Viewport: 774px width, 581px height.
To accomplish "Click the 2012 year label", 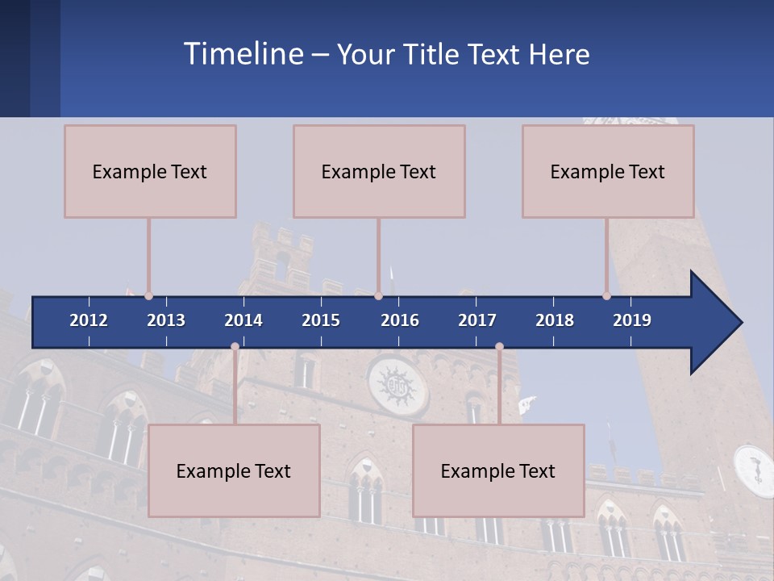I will point(89,320).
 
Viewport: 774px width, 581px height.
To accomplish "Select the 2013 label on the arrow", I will point(166,320).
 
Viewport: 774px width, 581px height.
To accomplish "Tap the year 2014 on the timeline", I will point(243,320).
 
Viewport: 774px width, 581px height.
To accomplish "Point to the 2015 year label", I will point(321,320).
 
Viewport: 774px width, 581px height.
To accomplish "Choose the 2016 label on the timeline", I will point(400,320).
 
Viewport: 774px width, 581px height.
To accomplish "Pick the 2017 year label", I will point(477,320).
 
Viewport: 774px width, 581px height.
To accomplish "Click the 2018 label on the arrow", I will point(555,320).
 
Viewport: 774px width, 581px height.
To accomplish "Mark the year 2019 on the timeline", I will point(632,320).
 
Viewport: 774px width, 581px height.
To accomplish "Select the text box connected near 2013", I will point(150,171).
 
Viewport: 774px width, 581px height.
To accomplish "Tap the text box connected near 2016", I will point(379,171).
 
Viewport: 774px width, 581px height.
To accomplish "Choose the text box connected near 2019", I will point(608,171).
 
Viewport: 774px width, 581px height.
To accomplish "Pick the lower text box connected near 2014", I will point(234,470).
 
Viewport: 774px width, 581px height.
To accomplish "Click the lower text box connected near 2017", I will point(498,470).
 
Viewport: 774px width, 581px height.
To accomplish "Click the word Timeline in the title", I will point(243,54).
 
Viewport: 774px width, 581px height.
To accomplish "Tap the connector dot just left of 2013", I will point(149,296).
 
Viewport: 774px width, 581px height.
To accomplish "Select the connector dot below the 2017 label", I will point(499,347).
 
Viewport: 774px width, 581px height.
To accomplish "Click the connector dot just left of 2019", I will point(607,296).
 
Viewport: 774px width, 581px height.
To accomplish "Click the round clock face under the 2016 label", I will point(398,386).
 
